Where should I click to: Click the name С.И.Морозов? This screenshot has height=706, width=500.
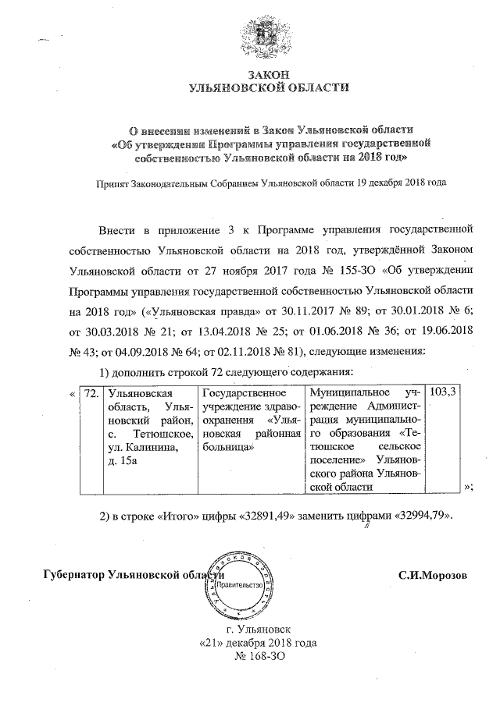[x=432, y=576]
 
